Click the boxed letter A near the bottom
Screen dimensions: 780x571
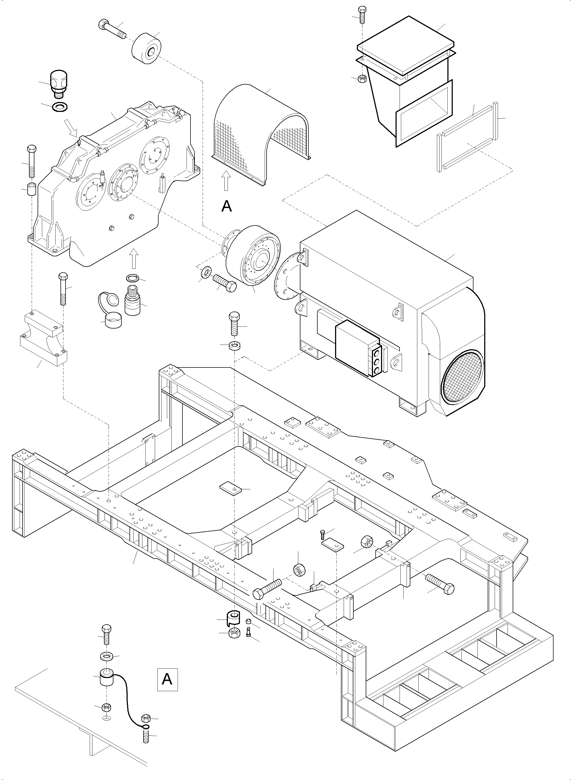point(167,679)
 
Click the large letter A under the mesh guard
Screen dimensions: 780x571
point(227,206)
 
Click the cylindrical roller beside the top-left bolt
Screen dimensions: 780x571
point(146,49)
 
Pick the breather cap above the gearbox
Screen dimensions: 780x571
point(58,85)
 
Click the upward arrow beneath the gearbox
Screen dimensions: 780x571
point(134,259)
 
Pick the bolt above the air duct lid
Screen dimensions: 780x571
point(362,14)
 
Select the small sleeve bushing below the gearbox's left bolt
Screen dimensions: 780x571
point(32,189)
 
